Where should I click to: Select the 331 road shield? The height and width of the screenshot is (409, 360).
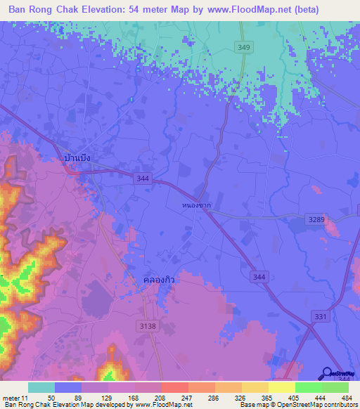tap(321, 318)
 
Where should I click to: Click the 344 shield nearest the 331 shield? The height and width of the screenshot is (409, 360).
tap(259, 278)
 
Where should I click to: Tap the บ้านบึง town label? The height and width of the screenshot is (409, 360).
tap(77, 159)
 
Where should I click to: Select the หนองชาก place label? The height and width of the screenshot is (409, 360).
tap(195, 206)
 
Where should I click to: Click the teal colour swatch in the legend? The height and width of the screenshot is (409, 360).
tap(41, 387)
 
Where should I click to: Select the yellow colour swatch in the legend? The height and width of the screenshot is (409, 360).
tap(282, 387)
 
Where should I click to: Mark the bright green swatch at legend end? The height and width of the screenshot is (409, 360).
tap(335, 387)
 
